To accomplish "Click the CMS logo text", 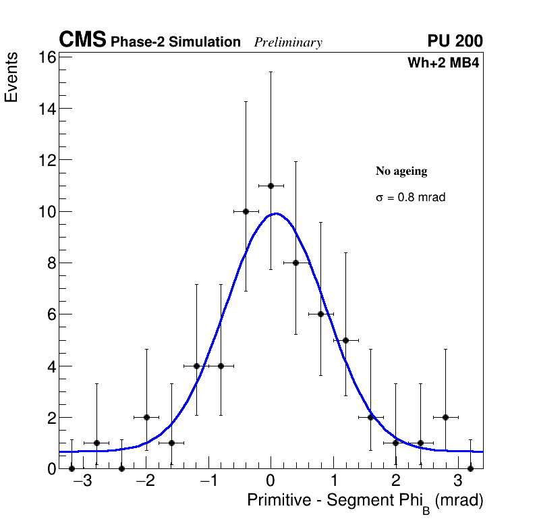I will [82, 40].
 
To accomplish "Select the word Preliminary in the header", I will [288, 43].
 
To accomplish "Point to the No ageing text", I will [401, 171].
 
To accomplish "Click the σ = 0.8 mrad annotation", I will [410, 198].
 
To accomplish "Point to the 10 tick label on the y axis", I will [45, 211].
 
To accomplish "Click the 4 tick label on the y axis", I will [50, 366].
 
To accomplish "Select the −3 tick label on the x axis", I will [82, 482].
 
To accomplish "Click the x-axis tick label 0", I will [271, 482].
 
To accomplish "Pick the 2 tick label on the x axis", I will [396, 482].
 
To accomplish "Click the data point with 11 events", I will [271, 186].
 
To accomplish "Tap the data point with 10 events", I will [246, 211].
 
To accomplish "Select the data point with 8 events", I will [295, 263].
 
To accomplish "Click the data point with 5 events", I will [345, 340].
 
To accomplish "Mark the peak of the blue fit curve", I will [277, 214].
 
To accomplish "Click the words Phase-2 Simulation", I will [175, 43].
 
